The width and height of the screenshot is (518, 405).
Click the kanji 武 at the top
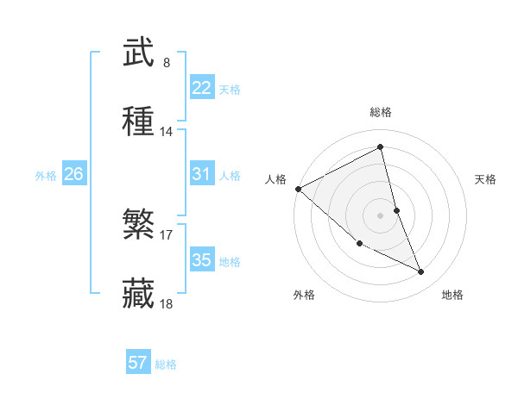[139, 53]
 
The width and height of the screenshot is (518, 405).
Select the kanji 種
[139, 122]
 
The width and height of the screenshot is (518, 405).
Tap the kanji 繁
[139, 226]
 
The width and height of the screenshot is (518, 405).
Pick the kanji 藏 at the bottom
[139, 295]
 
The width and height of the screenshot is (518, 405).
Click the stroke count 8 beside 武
[167, 63]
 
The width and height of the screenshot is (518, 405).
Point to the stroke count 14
[167, 132]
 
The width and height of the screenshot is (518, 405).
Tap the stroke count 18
[167, 304]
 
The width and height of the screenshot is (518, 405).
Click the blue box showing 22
[201, 88]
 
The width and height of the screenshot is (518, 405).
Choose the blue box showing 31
[201, 174]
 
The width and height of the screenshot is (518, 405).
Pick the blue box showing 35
[201, 260]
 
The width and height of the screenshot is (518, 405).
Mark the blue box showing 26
[73, 174]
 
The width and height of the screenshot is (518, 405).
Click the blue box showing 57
[138, 363]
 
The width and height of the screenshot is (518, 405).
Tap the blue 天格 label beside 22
[230, 90]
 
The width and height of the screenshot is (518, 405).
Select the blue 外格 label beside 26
[46, 176]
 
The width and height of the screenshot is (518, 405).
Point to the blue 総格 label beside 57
[166, 364]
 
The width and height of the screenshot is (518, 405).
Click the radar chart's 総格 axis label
[381, 112]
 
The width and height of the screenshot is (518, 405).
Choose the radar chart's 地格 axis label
[452, 295]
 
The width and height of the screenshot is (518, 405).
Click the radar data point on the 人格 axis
[298, 189]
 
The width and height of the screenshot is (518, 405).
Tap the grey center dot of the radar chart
[381, 215]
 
